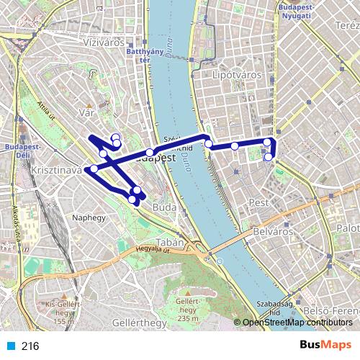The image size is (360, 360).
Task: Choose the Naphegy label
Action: point(89,216)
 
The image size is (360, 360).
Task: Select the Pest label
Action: point(258,204)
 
